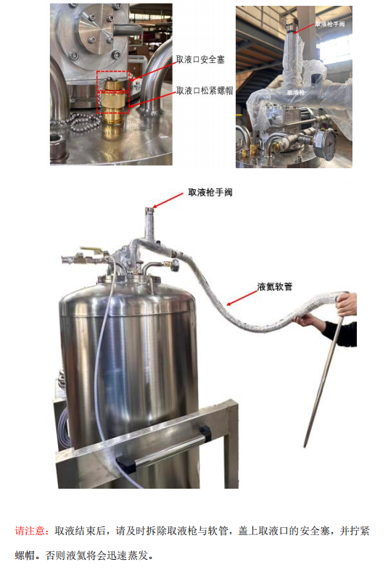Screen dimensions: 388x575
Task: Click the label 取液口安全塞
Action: (200, 59)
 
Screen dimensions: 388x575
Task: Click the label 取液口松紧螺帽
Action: (205, 91)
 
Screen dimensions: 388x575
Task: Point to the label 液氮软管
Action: (275, 286)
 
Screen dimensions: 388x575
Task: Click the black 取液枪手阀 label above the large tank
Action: (210, 192)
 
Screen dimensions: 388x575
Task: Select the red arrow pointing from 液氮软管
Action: (242, 297)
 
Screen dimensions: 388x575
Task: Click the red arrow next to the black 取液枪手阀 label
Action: (168, 200)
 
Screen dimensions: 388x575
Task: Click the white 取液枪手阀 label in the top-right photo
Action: (330, 24)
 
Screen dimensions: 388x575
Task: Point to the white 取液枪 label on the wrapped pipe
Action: (296, 92)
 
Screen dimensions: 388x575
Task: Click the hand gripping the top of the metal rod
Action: (347, 303)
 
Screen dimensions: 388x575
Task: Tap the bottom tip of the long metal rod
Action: (305, 446)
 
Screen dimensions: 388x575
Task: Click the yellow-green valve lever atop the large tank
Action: (90, 249)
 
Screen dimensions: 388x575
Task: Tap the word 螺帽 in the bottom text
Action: (25, 555)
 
